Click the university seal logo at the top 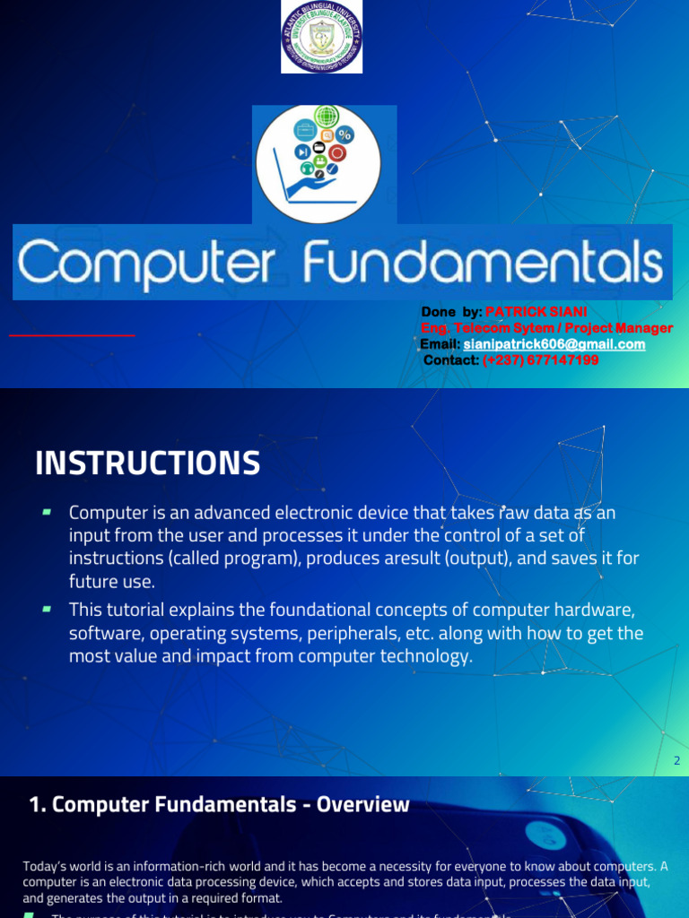coord(322,37)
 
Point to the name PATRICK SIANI coord(536,312)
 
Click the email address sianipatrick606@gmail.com coord(554,344)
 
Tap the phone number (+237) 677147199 coord(541,360)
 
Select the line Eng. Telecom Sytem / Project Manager coord(546,328)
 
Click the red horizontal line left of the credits coord(72,334)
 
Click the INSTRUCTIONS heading coord(148,463)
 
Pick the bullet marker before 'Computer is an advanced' coord(46,512)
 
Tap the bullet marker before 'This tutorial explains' coord(46,609)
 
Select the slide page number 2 coord(676,761)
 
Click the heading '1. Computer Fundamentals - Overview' coord(219,805)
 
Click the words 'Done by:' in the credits coord(451,312)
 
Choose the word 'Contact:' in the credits coord(451,360)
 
